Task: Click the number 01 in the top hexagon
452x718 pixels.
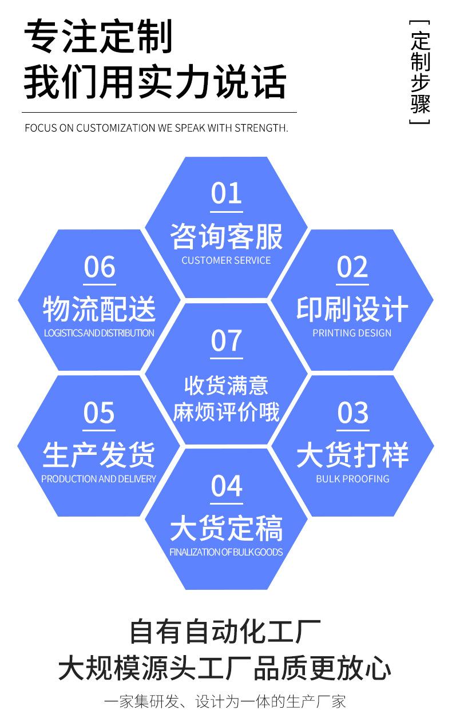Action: [227, 193]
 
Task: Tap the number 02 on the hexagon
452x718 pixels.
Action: [352, 267]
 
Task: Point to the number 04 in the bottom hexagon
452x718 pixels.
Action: [227, 486]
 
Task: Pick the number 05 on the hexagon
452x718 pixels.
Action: [99, 413]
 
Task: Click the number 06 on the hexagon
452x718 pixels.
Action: [100, 267]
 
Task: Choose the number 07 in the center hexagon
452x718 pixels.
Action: [227, 340]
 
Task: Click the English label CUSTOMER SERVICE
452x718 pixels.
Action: [226, 260]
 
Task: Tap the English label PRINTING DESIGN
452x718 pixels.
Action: [352, 333]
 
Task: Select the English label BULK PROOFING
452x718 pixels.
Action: [352, 479]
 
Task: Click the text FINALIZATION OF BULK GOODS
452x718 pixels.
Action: [226, 552]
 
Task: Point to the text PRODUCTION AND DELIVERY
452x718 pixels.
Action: [98, 479]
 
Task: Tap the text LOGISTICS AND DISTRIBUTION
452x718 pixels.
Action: [99, 333]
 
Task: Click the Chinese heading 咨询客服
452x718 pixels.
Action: [227, 236]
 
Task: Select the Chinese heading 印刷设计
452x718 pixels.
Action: [352, 310]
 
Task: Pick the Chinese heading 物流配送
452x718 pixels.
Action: [100, 310]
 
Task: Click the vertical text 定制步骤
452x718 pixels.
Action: [421, 73]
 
